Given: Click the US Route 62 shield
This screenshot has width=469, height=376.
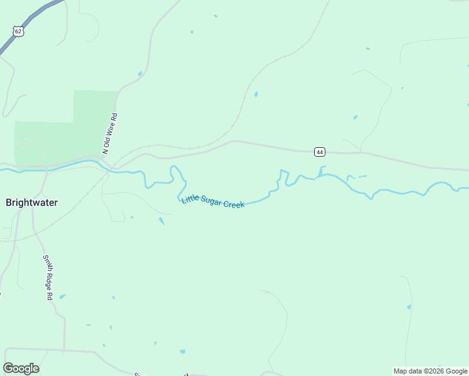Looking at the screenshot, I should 18,31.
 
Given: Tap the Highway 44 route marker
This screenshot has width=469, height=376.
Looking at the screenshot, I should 320,152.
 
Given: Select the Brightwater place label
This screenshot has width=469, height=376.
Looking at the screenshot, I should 31,202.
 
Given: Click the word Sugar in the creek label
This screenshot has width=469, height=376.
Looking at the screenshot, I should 211,202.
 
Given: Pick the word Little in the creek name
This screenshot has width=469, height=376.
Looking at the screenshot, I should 189,199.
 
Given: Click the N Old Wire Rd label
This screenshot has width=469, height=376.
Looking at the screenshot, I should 110,133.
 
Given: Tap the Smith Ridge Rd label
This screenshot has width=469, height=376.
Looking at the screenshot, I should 48,277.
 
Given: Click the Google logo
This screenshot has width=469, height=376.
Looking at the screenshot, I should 21,368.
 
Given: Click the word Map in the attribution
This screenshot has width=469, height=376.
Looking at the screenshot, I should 401,371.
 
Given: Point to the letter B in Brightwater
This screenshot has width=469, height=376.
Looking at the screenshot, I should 9,202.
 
